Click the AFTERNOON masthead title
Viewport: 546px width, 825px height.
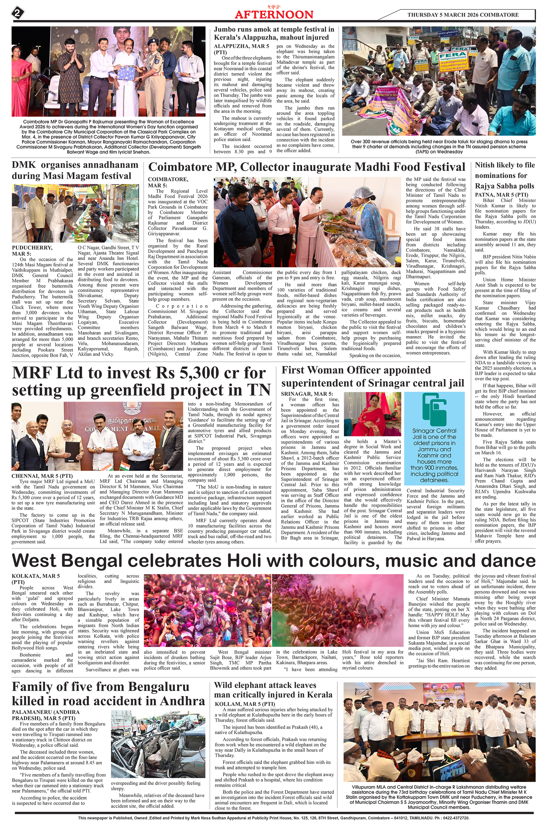point(274,14)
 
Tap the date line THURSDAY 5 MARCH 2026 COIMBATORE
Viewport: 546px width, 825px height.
point(463,15)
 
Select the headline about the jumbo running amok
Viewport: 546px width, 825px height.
point(274,33)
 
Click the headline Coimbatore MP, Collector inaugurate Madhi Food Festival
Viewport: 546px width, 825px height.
point(306,167)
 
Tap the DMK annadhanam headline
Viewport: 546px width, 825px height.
point(75,170)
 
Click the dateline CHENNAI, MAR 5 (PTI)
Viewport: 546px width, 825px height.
point(42,476)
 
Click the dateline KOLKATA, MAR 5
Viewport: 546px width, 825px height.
point(35,576)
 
